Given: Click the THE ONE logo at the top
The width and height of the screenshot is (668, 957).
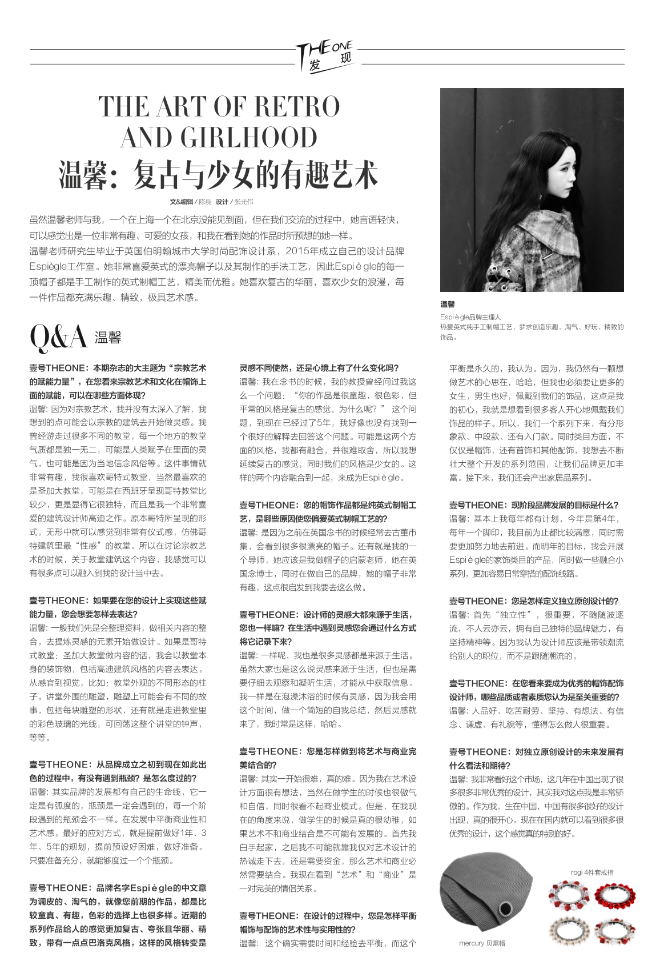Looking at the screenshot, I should pyautogui.click(x=325, y=57).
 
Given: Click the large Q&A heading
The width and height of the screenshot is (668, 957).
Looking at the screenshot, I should pyautogui.click(x=58, y=337).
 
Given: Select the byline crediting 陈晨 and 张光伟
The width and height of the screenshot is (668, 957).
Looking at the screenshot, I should pyautogui.click(x=211, y=202).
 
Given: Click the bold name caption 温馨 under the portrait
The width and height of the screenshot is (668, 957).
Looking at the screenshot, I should pyautogui.click(x=448, y=304).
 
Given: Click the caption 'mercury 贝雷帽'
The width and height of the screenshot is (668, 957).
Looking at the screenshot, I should pyautogui.click(x=482, y=943).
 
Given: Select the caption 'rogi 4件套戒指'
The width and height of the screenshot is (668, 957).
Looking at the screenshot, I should pyautogui.click(x=592, y=872).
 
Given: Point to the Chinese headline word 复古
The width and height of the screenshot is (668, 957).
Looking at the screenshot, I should pyautogui.click(x=157, y=174).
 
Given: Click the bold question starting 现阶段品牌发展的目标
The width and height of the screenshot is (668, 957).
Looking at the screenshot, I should pyautogui.click(x=534, y=505).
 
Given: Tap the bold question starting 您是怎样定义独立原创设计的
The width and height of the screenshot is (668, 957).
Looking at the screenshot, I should pyautogui.click(x=534, y=601).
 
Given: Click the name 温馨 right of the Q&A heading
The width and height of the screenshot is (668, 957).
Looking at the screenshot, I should pyautogui.click(x=108, y=337).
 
